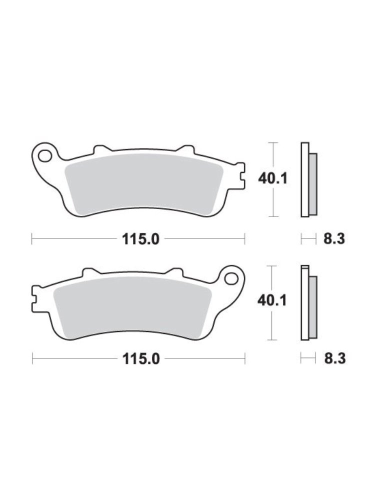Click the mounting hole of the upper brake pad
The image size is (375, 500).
pyautogui.click(x=44, y=156)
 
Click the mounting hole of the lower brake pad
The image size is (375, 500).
pyautogui.click(x=231, y=278)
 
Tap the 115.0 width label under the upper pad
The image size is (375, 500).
pyautogui.click(x=140, y=239)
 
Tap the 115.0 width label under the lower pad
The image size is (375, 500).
pyautogui.click(x=141, y=359)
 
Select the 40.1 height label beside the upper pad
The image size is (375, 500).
pyautogui.click(x=272, y=178)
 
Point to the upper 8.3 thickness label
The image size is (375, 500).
pyautogui.click(x=334, y=239)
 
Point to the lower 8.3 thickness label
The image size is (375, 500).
pyautogui.click(x=335, y=359)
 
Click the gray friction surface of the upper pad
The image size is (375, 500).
pyautogui.click(x=143, y=183)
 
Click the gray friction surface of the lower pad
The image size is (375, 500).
pyautogui.click(x=132, y=305)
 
